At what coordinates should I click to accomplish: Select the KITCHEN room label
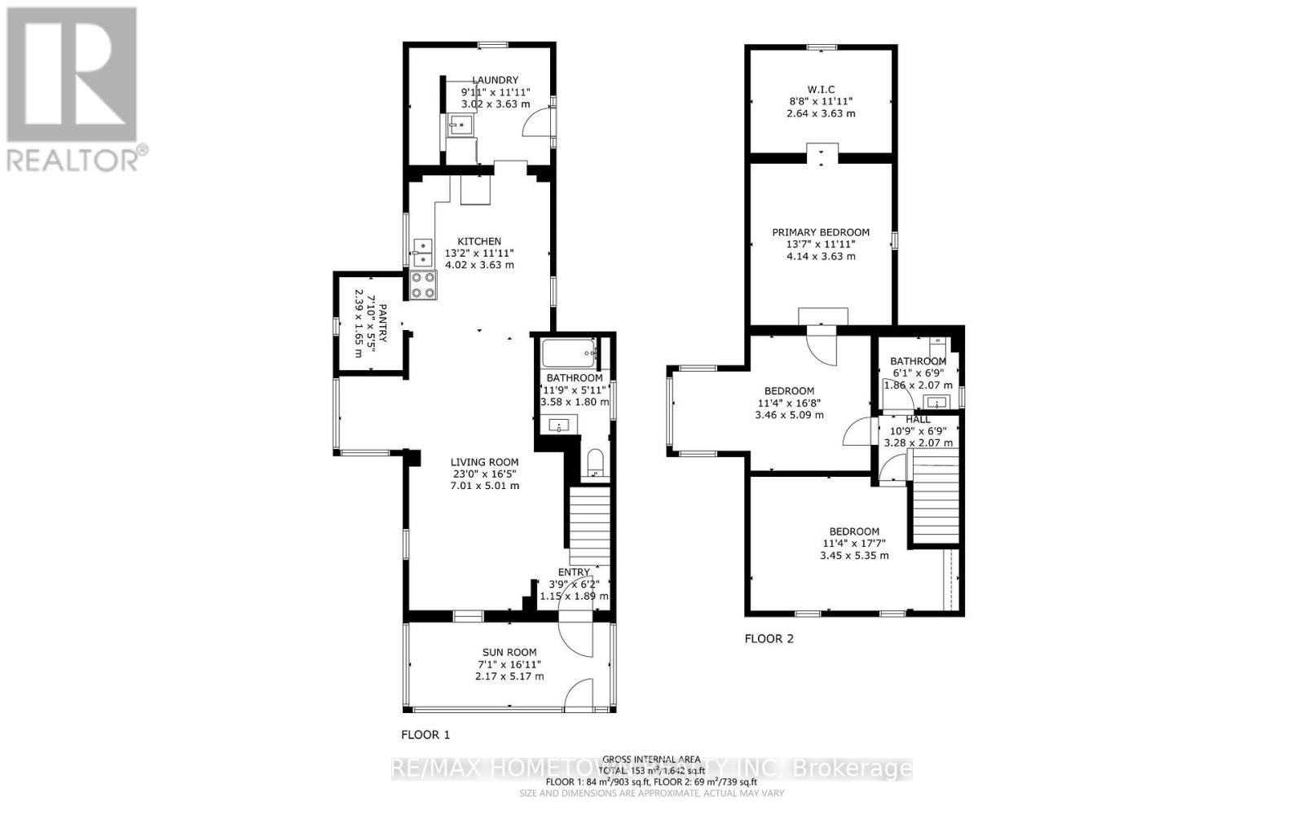(479, 241)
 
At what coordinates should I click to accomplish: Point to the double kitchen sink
(423, 253)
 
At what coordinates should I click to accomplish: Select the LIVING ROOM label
(485, 462)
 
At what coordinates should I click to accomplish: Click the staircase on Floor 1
(589, 526)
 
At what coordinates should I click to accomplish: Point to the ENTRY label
(574, 573)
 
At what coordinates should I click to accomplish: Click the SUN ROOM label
(509, 652)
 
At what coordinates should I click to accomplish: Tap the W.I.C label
(821, 90)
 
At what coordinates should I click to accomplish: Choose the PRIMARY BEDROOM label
(821, 232)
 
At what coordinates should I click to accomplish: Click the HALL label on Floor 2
(918, 420)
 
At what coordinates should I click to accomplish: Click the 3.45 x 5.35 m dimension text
(853, 555)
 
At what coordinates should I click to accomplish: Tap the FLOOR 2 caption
(769, 639)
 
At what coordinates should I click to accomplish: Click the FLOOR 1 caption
(425, 734)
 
